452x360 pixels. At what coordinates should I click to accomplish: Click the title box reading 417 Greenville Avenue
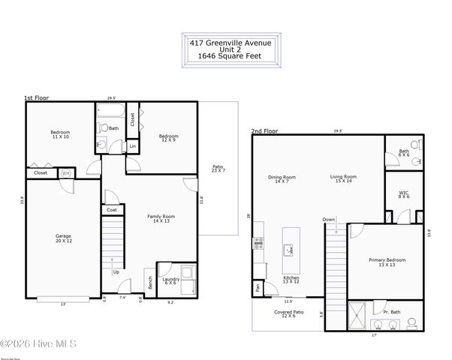(231, 50)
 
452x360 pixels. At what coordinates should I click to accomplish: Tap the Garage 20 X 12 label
(63, 238)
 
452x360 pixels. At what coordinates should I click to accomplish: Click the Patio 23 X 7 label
(218, 169)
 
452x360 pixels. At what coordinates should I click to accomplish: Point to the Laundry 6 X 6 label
(171, 280)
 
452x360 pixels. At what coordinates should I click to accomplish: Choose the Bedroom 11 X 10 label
(61, 135)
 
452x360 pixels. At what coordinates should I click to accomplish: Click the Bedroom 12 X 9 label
(168, 138)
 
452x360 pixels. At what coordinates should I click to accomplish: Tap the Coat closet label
(111, 210)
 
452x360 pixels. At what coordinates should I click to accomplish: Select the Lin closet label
(133, 145)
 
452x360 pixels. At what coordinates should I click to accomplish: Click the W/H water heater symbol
(65, 172)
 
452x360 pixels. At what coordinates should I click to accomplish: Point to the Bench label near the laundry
(150, 283)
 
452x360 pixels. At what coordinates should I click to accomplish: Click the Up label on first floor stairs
(115, 271)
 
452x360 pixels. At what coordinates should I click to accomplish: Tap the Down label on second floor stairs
(329, 220)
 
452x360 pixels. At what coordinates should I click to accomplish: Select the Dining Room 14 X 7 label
(282, 179)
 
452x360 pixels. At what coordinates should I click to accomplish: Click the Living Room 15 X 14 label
(343, 179)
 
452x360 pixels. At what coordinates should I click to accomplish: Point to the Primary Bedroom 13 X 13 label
(387, 262)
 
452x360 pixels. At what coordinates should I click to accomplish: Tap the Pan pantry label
(258, 286)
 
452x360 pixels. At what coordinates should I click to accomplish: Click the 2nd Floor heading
(264, 131)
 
